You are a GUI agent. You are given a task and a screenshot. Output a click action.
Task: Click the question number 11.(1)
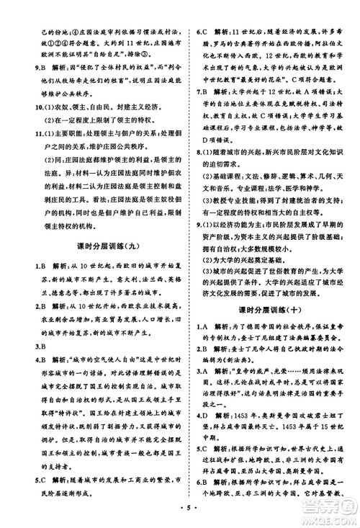coord(31,133)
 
